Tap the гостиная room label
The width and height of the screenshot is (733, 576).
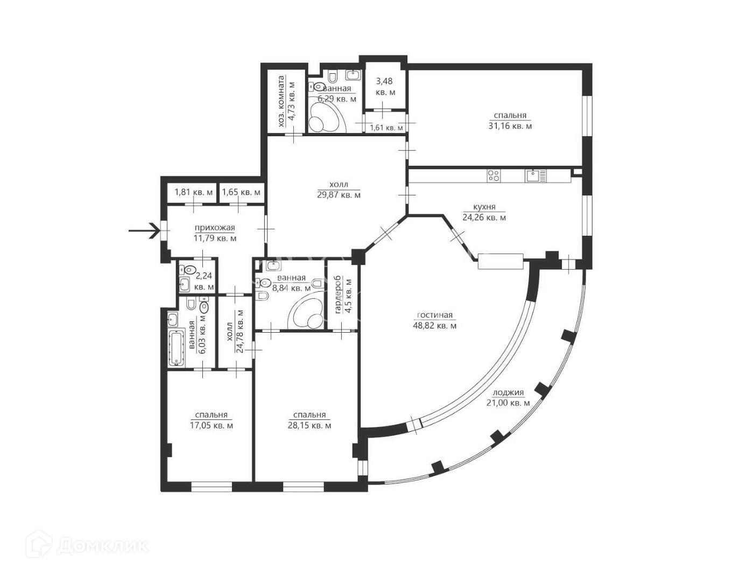(434, 315)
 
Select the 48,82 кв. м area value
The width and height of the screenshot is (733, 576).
(434, 326)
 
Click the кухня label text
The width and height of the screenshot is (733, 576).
(484, 207)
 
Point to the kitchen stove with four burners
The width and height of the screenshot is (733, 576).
(494, 175)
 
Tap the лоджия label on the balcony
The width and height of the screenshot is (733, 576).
(508, 392)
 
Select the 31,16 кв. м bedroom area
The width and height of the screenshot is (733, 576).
(510, 126)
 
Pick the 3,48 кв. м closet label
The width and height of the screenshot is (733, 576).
(385, 86)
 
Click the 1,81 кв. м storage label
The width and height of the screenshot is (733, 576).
(194, 192)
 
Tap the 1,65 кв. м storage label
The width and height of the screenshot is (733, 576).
(241, 192)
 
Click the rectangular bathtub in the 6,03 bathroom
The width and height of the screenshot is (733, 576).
(177, 348)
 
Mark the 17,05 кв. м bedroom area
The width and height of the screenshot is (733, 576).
(212, 425)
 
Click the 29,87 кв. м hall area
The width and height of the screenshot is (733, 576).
(339, 195)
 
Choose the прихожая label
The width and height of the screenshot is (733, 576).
(215, 228)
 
